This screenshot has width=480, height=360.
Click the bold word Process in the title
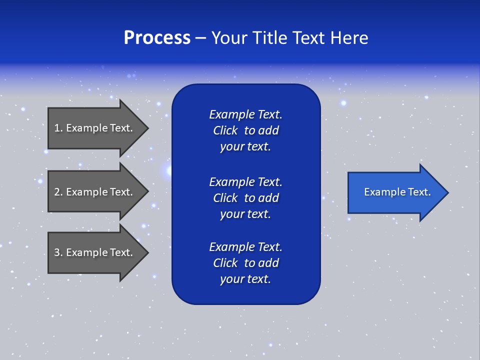point(157,38)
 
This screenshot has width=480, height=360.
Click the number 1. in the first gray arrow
point(58,128)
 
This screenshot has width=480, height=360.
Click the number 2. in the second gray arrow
point(58,192)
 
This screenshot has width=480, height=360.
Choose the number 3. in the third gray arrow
point(58,252)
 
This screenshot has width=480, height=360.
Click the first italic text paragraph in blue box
point(245,130)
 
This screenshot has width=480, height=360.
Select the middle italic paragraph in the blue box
point(245,197)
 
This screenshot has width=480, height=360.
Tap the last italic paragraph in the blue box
point(245,263)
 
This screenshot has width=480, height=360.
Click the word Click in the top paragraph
point(225,130)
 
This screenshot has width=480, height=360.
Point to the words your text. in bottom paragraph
point(245,279)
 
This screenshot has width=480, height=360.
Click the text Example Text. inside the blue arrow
point(397,192)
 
